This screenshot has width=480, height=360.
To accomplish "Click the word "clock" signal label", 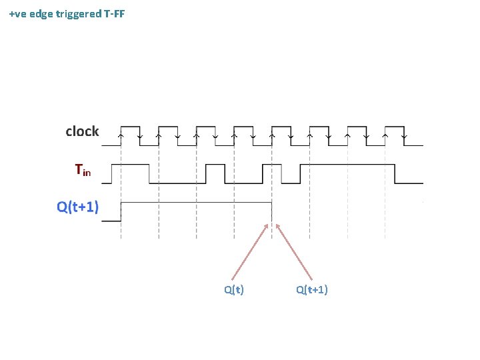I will coord(82,131).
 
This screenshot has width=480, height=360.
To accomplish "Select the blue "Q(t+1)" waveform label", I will coord(77,207).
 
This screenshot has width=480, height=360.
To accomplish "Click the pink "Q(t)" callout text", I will coord(233,289).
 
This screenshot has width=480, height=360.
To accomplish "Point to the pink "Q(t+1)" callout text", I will coord(312,289).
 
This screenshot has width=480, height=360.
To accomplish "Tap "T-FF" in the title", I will coord(115,13).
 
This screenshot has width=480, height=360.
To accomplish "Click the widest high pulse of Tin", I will coord(347,164).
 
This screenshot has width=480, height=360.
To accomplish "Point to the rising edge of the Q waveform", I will coord(121,211).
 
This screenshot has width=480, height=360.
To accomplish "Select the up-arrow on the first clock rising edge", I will coord(121,135).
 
